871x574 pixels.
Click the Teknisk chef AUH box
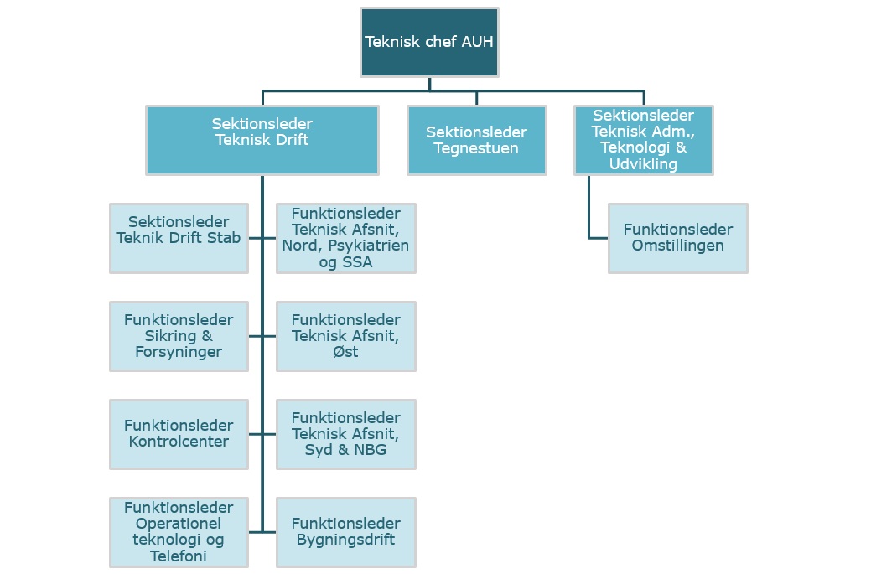coord(429,42)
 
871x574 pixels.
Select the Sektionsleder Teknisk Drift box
coord(262,140)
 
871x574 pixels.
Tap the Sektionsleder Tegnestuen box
coord(476,140)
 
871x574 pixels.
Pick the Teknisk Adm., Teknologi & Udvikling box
coord(643,140)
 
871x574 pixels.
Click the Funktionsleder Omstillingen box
coord(677,238)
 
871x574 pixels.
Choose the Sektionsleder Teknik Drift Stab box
coord(179,238)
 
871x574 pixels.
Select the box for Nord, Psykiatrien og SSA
coord(345,238)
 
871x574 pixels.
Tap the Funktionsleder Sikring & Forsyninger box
coord(179,336)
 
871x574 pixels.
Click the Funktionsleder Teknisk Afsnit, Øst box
coord(345,336)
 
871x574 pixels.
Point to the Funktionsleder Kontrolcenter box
coord(179,434)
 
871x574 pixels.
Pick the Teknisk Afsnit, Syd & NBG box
coord(345,434)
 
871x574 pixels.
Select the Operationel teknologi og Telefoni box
coord(179,532)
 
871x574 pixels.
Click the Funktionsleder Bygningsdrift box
coord(345,532)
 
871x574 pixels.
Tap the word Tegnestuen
coord(476,148)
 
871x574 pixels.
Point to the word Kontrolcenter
coord(179,442)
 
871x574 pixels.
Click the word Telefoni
coord(179,556)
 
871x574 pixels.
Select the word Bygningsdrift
coord(345,540)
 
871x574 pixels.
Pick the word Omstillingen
coord(677,246)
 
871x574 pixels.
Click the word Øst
coord(345,352)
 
